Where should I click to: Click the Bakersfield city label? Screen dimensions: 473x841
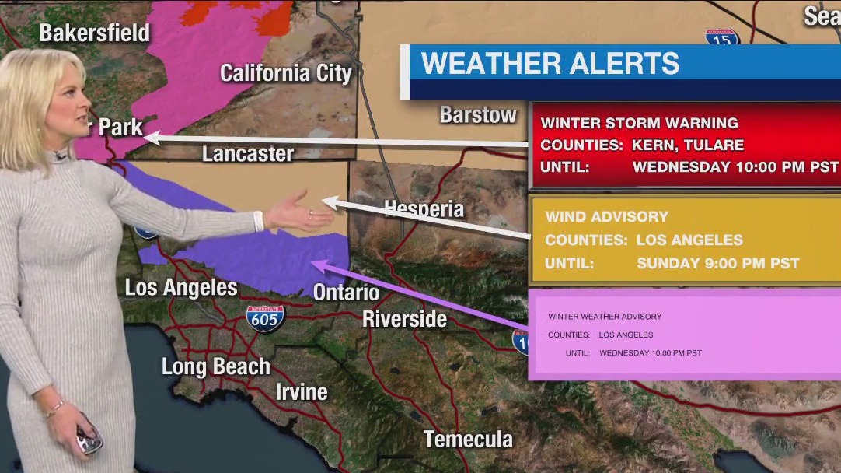pyautogui.click(x=94, y=33)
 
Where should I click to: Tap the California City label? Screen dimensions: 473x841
pyautogui.click(x=285, y=74)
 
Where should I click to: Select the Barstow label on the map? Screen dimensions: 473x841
pyautogui.click(x=477, y=115)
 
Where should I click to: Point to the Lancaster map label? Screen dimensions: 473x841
pyautogui.click(x=247, y=154)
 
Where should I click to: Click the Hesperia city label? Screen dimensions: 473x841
pyautogui.click(x=424, y=208)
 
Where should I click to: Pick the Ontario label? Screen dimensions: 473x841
pyautogui.click(x=345, y=293)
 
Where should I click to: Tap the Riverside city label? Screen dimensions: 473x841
pyautogui.click(x=404, y=319)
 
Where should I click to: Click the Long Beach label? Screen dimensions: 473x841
pyautogui.click(x=215, y=366)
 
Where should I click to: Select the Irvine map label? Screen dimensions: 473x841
pyautogui.click(x=302, y=392)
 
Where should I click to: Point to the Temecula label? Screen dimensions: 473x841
pyautogui.click(x=468, y=439)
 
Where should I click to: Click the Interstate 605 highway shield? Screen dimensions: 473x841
pyautogui.click(x=265, y=317)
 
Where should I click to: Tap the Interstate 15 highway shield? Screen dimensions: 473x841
pyautogui.click(x=722, y=37)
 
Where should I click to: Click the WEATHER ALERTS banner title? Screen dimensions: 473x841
pyautogui.click(x=550, y=64)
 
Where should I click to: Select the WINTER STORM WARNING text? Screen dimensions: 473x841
pyautogui.click(x=639, y=123)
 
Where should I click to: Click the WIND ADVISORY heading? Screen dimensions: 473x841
pyautogui.click(x=606, y=217)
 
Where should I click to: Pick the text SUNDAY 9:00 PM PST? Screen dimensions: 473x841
pyautogui.click(x=717, y=263)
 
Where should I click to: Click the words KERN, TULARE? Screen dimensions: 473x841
pyautogui.click(x=688, y=145)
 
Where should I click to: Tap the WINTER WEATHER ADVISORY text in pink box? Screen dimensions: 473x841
pyautogui.click(x=605, y=317)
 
